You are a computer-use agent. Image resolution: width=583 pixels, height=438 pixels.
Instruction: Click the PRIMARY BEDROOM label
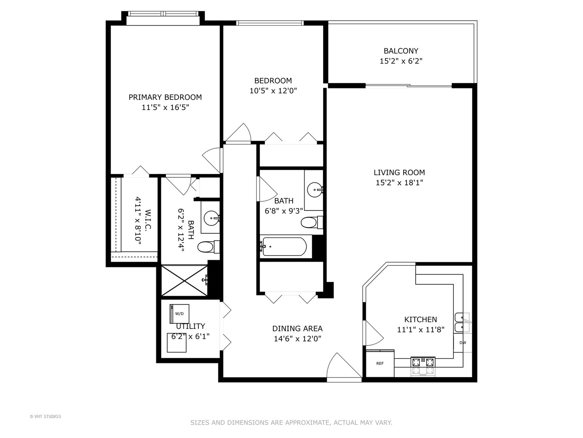[165, 97]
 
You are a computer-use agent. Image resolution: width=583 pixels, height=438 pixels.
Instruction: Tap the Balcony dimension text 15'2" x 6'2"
[401, 61]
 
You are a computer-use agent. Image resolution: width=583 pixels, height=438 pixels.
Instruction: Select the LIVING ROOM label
[399, 172]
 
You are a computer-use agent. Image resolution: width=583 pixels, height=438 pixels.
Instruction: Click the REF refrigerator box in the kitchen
[380, 363]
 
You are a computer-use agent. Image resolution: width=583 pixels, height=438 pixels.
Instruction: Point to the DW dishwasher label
[462, 343]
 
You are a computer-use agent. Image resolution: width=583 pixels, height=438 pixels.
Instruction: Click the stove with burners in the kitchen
[423, 365]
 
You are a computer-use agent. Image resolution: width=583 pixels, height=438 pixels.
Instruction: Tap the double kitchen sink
[462, 322]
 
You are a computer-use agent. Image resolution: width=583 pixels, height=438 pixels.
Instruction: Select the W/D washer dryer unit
[179, 313]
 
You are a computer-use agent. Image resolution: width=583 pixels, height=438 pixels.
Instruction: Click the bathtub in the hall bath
[284, 246]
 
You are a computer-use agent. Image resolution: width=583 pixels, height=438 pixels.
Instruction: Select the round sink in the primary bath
[211, 219]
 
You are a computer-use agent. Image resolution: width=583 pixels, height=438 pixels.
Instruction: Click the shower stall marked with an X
[185, 281]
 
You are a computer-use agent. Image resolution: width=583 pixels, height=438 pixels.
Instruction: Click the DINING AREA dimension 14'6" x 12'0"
[297, 339]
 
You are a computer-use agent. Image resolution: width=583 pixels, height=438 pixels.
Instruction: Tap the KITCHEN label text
[421, 320]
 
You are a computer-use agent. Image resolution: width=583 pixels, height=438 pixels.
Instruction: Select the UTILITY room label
[191, 326]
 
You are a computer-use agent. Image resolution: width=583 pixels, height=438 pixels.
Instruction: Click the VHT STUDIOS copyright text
[45, 417]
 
